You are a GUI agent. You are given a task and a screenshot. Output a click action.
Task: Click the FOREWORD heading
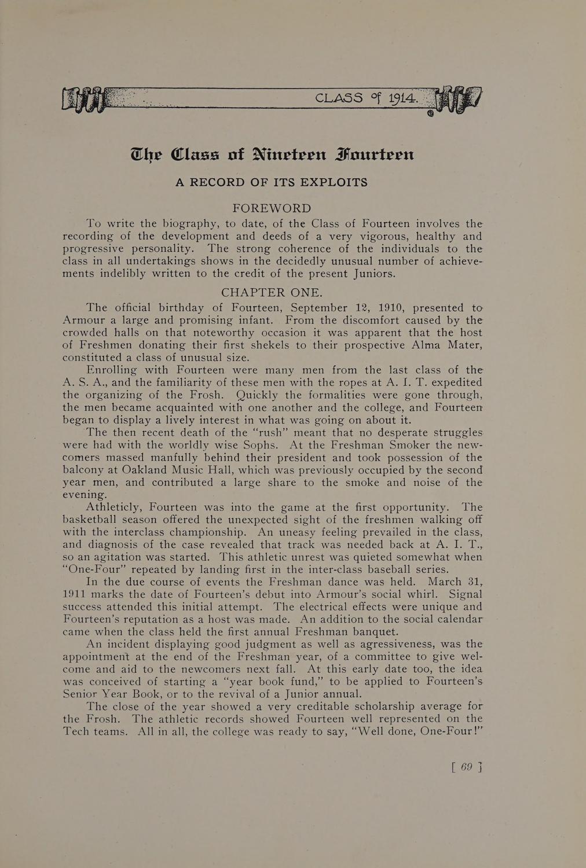(x=272, y=208)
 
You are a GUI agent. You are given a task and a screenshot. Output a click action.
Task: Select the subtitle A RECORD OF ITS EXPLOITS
(x=272, y=182)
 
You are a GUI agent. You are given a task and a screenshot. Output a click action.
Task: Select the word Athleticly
(x=116, y=507)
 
